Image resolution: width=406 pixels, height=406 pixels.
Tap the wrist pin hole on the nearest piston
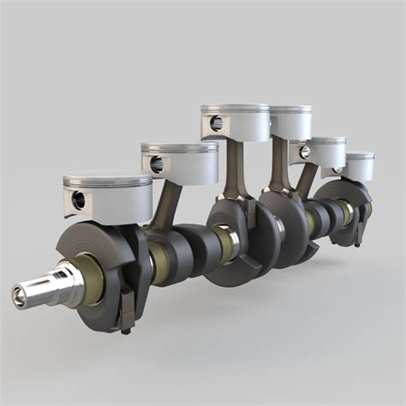pyautogui.click(x=79, y=200)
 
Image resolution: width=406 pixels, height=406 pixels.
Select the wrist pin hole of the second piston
pyautogui.click(x=156, y=163)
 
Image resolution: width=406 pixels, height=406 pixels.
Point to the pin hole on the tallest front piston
pyautogui.click(x=216, y=122)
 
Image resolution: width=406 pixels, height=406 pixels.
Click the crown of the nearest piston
pyautogui.click(x=107, y=179)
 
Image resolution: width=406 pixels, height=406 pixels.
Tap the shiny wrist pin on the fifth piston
pyautogui.click(x=304, y=152)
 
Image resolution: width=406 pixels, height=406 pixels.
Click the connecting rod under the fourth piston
pyautogui.click(x=278, y=167)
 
